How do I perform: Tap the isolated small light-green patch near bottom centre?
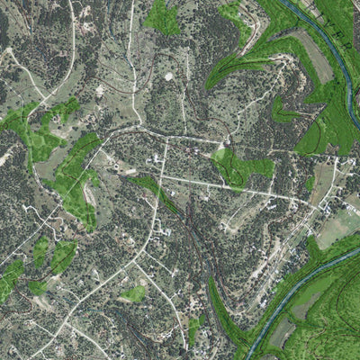pyautogui.click(x=133, y=293)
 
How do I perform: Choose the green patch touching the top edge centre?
pyautogui.click(x=162, y=16)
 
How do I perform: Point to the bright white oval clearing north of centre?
pyautogui.click(x=169, y=76)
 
